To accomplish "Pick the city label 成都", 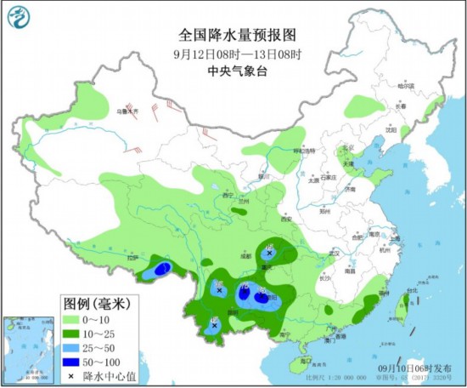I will pos(245,254).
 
